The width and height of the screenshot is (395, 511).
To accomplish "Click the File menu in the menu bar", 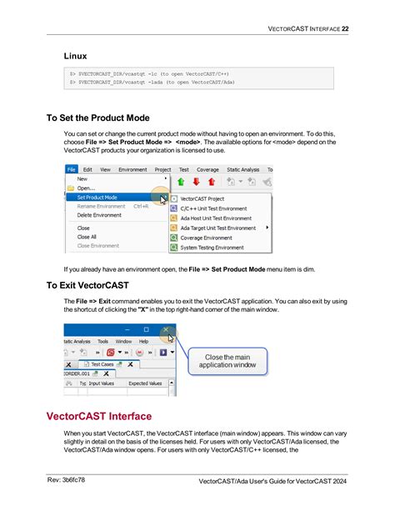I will (x=72, y=168).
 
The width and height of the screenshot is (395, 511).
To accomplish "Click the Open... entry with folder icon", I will (x=85, y=188).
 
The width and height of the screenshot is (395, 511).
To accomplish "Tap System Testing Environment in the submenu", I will (x=212, y=248).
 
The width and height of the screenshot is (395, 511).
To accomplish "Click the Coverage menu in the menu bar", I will (x=207, y=168).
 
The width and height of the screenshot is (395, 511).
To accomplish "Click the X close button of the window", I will (x=168, y=329).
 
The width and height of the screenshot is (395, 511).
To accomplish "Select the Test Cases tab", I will (x=102, y=364).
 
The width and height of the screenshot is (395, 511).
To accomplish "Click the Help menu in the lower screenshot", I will (x=143, y=341).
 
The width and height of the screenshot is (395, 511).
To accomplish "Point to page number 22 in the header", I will (x=344, y=28).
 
